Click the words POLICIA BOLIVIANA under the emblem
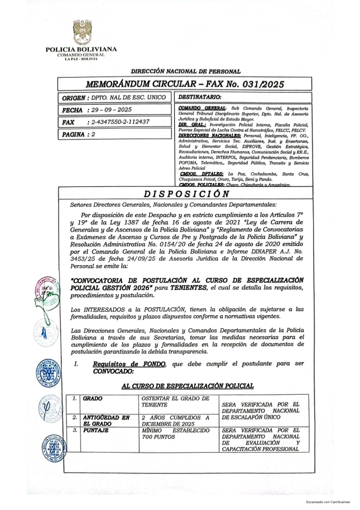click(x=81, y=50)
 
